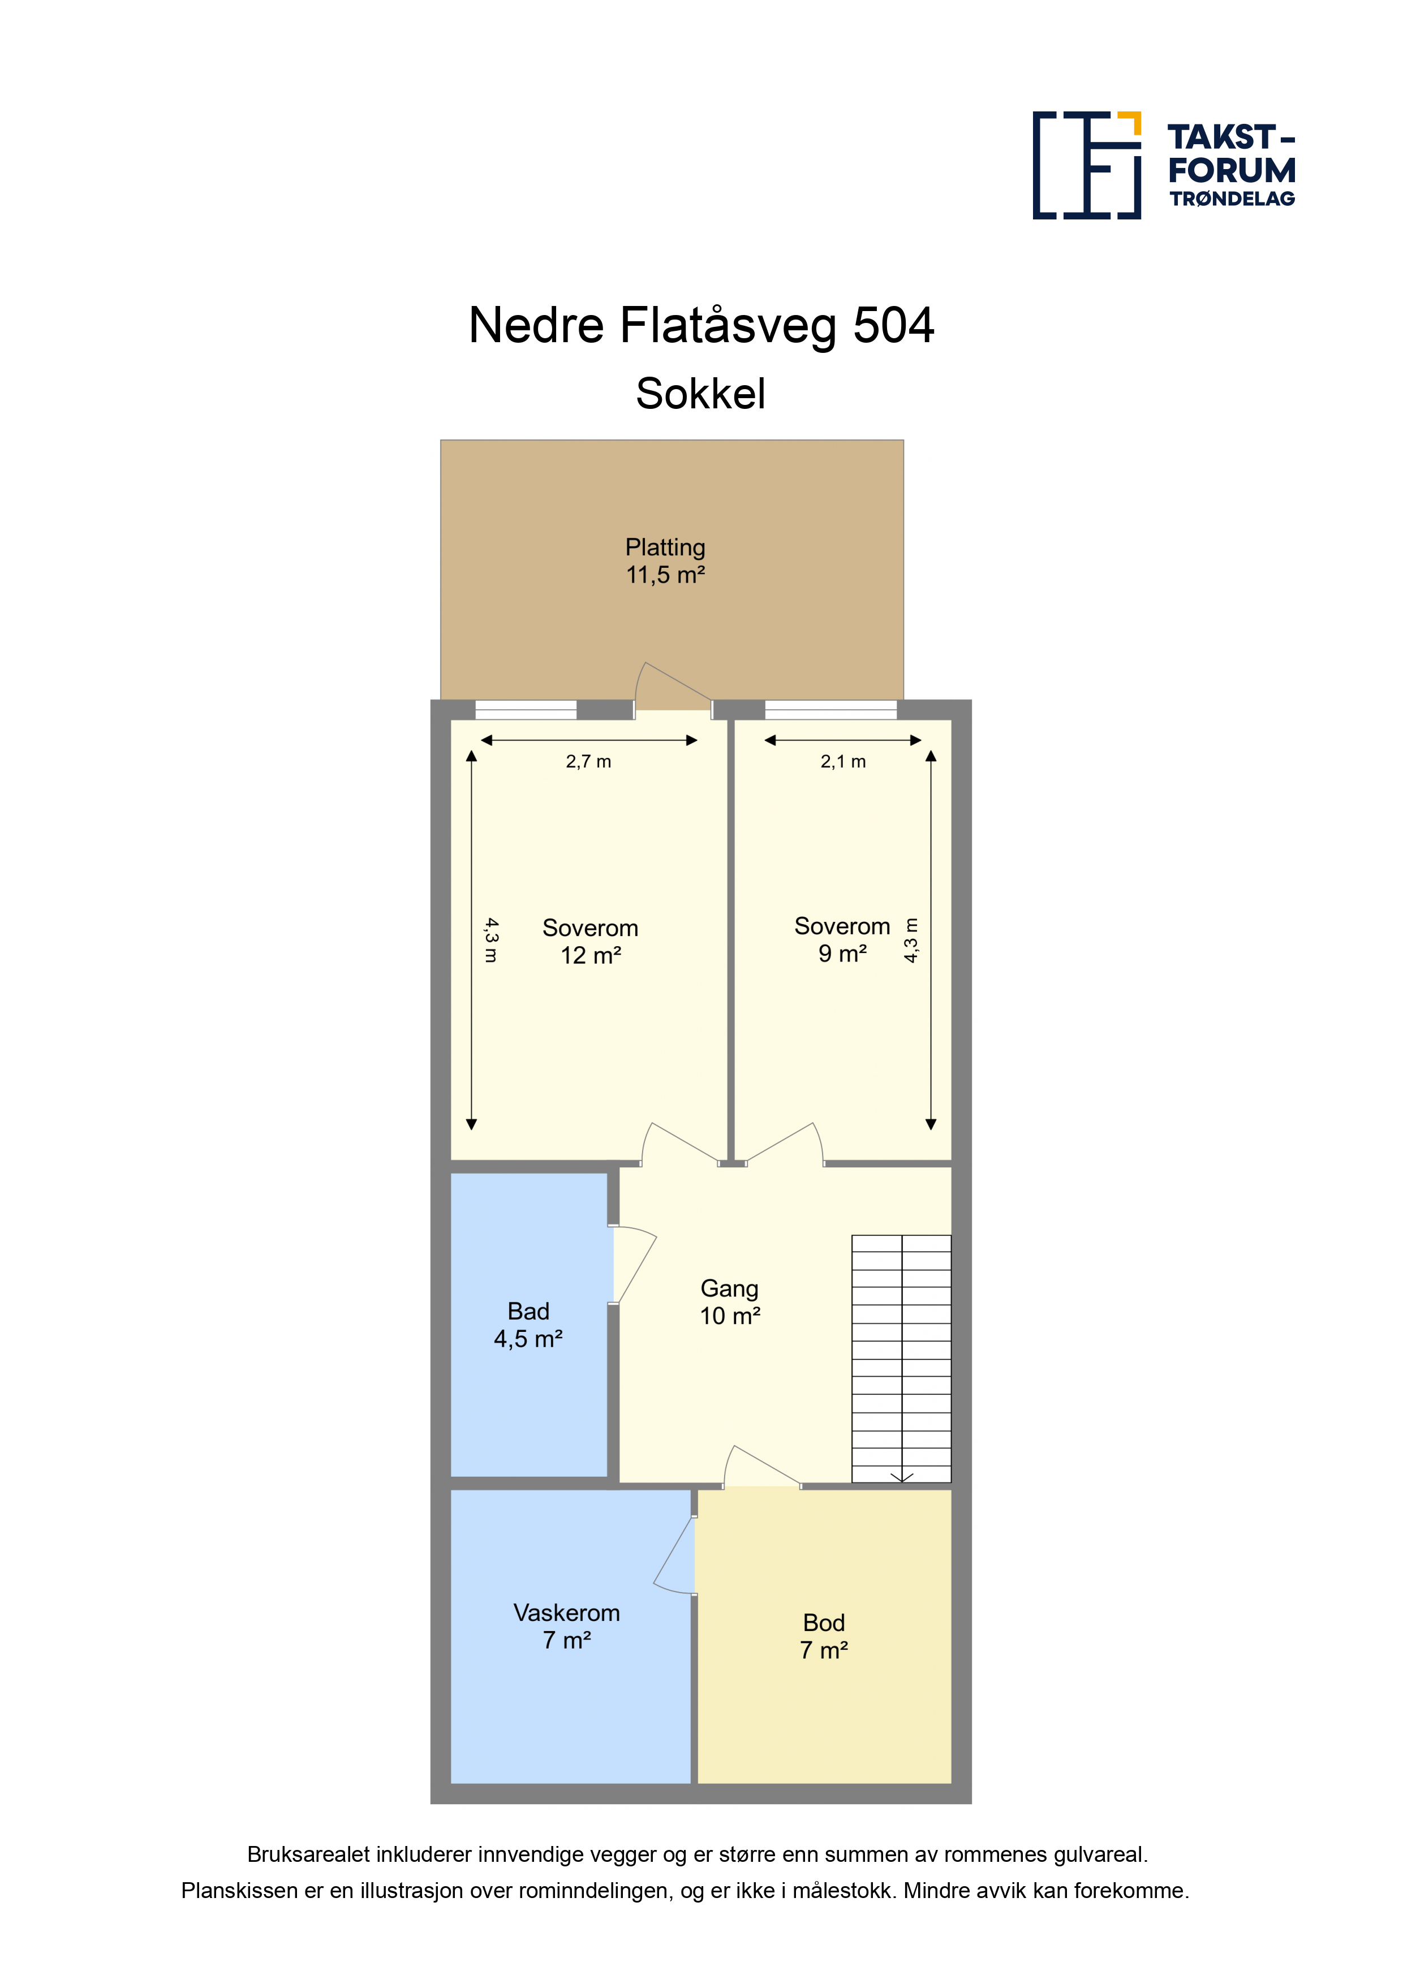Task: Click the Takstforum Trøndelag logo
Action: tap(1164, 165)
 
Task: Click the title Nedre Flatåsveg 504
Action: tap(701, 326)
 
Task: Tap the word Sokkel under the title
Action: tap(700, 394)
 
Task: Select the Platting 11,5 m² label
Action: tap(666, 561)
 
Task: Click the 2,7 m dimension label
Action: tap(589, 761)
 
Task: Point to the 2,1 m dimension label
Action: tap(843, 761)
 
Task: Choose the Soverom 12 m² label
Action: tap(591, 941)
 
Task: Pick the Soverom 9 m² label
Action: tap(842, 939)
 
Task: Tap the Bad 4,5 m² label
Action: tap(528, 1325)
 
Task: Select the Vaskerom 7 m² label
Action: tap(567, 1626)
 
